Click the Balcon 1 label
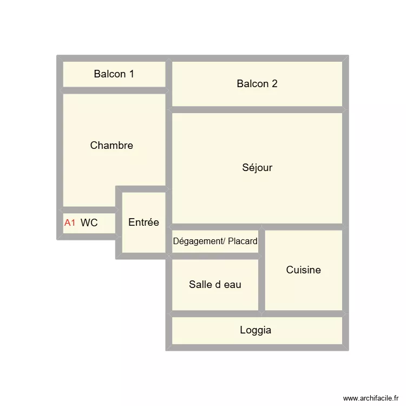[114, 74]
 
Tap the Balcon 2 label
[257, 84]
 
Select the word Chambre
[112, 146]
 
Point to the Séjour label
[257, 168]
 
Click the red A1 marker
[70, 222]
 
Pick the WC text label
[89, 222]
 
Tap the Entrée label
[143, 222]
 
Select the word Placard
[243, 241]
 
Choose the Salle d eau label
[215, 285]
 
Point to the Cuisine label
[303, 270]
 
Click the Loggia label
[256, 330]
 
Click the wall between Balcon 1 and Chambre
[114, 90]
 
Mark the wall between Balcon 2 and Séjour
[257, 110]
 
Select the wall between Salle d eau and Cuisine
[262, 285]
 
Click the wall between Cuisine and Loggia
[303, 314]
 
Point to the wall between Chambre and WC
[89, 210]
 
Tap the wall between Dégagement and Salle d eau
[215, 257]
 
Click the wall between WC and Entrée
[119, 222]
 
